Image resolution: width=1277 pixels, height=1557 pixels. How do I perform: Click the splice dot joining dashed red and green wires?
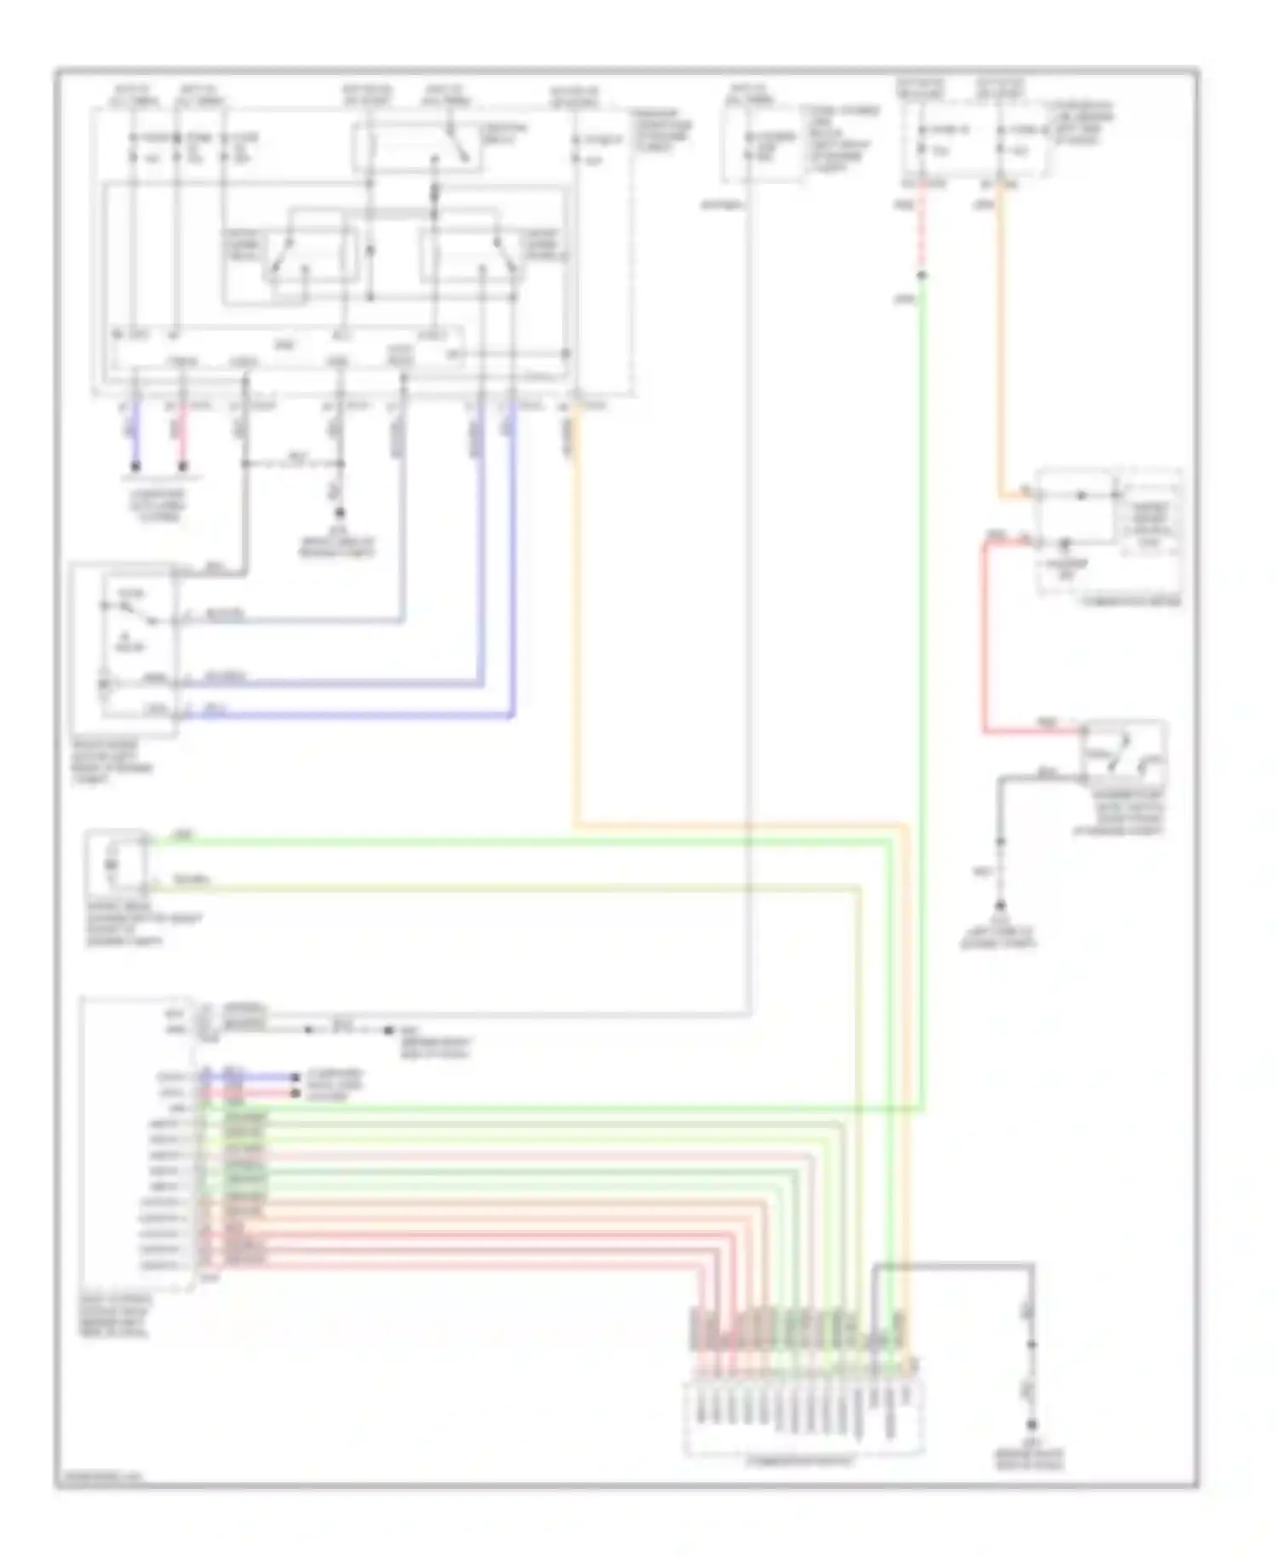(922, 275)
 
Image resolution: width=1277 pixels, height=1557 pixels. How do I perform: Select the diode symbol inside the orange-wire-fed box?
(1081, 495)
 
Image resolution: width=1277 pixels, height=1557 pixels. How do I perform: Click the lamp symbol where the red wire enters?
(1064, 543)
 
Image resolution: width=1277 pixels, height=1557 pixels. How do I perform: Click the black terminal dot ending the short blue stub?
(135, 467)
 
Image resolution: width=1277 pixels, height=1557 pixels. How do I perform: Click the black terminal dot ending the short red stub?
(182, 467)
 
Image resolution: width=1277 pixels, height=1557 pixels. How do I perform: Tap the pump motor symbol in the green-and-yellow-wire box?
(112, 865)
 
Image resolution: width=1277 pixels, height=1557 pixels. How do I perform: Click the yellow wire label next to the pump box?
(191, 878)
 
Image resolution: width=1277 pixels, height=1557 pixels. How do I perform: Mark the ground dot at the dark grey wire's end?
(1032, 1425)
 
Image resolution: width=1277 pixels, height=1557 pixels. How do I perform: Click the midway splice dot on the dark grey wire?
(1032, 1345)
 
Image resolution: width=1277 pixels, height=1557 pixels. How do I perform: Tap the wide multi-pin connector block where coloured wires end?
(803, 1418)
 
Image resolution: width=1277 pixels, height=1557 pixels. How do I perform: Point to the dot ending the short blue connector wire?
(295, 1077)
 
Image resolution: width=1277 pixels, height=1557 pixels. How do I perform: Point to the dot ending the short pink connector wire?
(295, 1092)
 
